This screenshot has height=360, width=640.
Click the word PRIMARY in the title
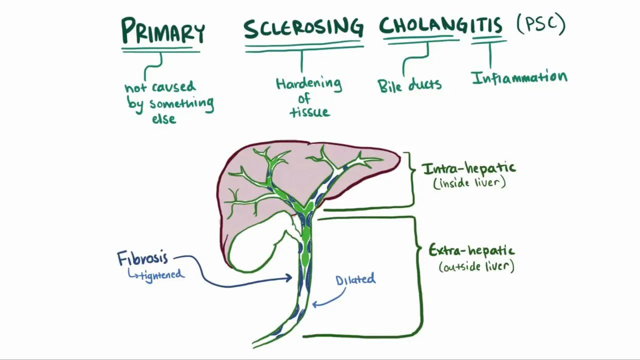point(162,31)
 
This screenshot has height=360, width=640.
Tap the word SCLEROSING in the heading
point(303,28)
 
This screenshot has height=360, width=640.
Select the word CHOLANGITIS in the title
point(440,25)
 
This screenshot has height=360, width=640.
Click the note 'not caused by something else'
point(168,102)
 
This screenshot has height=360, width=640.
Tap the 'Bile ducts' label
point(409,84)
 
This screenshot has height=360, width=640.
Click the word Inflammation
point(519,78)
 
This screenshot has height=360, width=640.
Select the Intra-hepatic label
point(468,168)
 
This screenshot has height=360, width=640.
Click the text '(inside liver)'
point(469,182)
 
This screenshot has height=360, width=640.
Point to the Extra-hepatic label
point(471,250)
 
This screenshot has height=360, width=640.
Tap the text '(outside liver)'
point(476,266)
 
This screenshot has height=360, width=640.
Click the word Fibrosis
point(142,258)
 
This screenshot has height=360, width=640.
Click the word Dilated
point(355,279)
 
